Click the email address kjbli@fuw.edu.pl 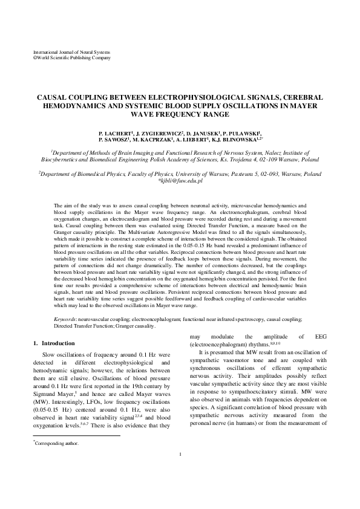180,181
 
